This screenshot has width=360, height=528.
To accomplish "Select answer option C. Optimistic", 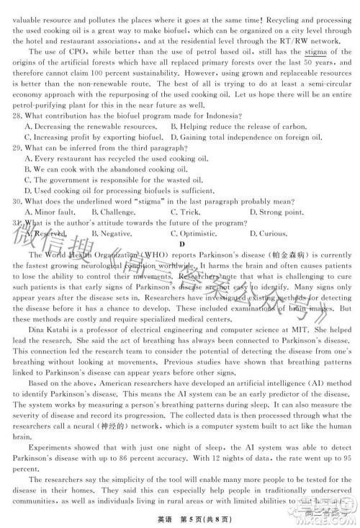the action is (196, 233).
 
